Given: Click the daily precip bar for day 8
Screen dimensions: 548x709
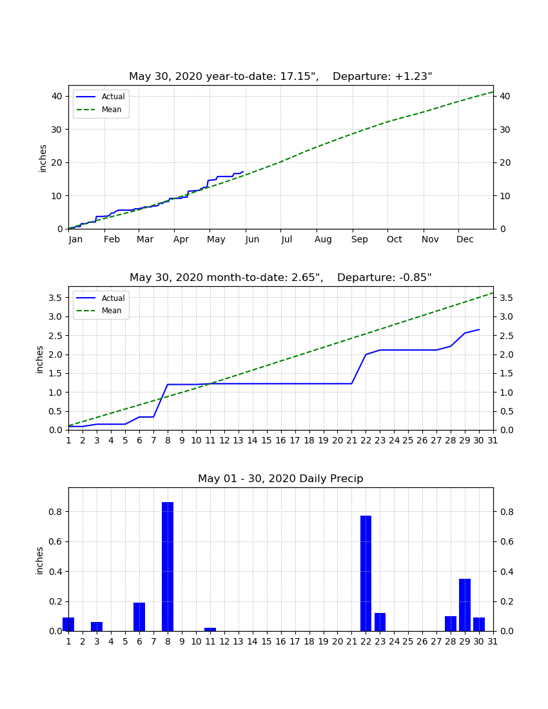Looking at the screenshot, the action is [x=168, y=566].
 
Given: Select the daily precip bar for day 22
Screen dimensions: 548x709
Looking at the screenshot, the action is [x=366, y=573].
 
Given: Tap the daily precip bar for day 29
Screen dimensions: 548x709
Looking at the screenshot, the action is [x=465, y=605].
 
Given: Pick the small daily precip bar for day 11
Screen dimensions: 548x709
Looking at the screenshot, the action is [x=210, y=629].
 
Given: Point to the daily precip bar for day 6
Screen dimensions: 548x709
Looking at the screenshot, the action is [x=139, y=616].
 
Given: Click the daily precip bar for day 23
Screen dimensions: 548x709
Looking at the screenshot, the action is [x=380, y=622].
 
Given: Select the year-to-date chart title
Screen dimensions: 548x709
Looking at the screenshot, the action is [x=280, y=76].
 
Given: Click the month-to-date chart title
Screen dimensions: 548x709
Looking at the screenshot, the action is [x=280, y=277].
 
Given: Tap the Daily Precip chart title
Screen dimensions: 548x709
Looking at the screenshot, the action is [x=280, y=478].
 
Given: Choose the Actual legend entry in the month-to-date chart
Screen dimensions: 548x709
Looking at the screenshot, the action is [x=101, y=298].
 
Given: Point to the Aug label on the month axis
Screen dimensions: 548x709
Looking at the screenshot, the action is [x=323, y=239].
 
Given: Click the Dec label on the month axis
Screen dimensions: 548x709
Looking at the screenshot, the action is [x=465, y=239].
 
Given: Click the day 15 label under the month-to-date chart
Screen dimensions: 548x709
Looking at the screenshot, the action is [x=266, y=440].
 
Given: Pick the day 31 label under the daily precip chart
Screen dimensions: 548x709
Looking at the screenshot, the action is [x=493, y=641].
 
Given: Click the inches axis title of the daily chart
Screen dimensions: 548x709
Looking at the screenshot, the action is [x=39, y=561].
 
